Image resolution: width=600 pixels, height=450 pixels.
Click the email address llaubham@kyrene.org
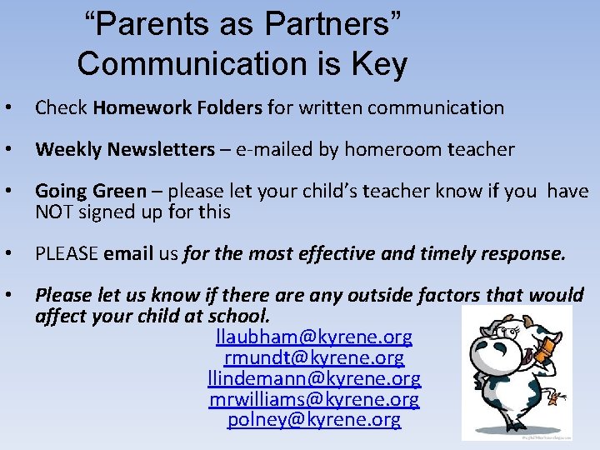(313, 337)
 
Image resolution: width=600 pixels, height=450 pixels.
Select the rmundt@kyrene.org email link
(314, 358)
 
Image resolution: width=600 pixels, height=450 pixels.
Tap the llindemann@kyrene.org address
(314, 379)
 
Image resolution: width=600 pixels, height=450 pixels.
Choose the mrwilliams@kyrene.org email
(314, 400)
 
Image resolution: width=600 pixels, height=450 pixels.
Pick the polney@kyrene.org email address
(314, 420)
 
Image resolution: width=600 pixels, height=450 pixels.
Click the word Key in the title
(380, 64)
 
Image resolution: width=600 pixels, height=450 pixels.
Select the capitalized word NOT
(54, 212)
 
